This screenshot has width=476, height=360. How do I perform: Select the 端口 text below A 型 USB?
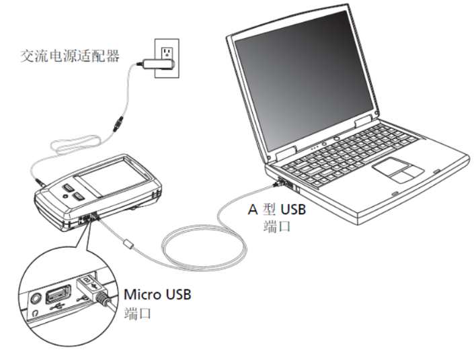coord(276,226)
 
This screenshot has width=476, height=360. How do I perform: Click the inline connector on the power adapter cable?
coord(118,124)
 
